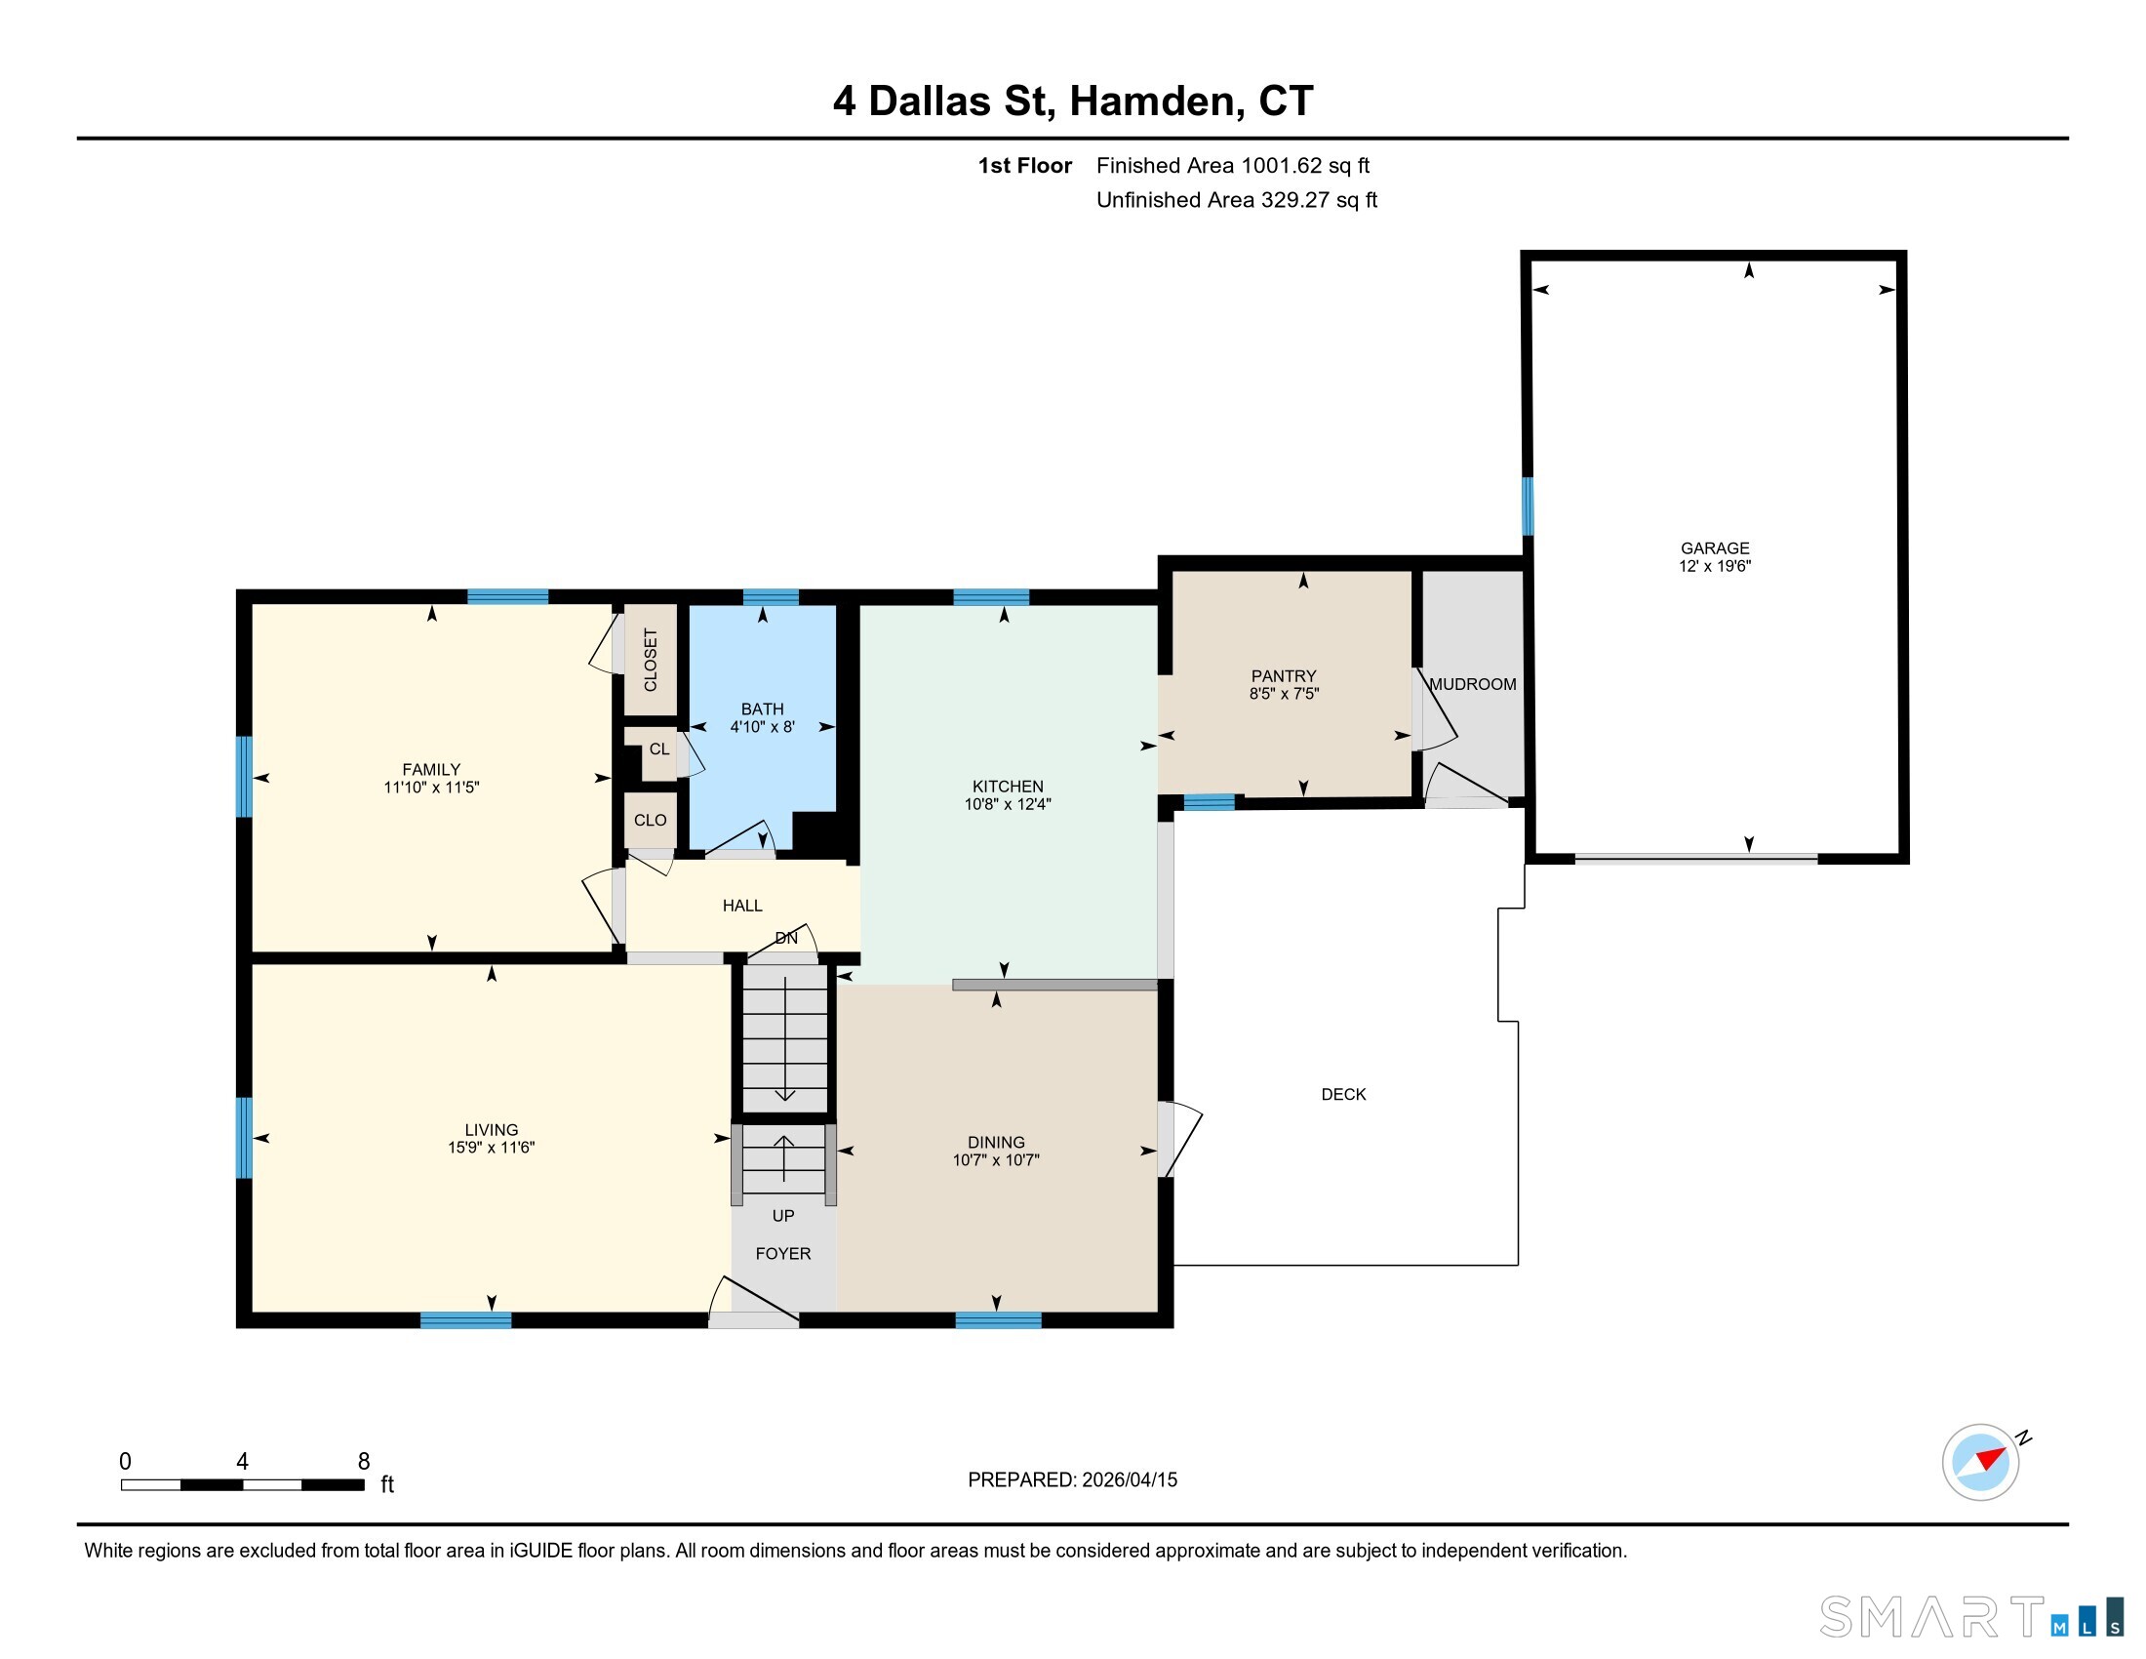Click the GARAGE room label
tap(1715, 548)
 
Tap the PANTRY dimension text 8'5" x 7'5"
tap(1284, 694)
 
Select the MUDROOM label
tap(1472, 684)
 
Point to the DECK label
tap(1343, 1095)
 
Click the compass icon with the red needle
tap(1981, 1463)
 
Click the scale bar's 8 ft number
tap(364, 1462)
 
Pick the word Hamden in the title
tap(1151, 101)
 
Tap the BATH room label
tap(763, 709)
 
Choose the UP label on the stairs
tap(783, 1216)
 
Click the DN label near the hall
tap(786, 939)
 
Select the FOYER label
tap(783, 1254)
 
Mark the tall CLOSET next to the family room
tap(651, 660)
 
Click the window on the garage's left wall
tap(1527, 506)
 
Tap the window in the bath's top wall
tap(771, 596)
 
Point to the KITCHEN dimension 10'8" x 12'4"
tap(1008, 804)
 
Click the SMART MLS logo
tap(1971, 1617)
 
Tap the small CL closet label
tap(659, 749)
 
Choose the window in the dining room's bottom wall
tap(998, 1320)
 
